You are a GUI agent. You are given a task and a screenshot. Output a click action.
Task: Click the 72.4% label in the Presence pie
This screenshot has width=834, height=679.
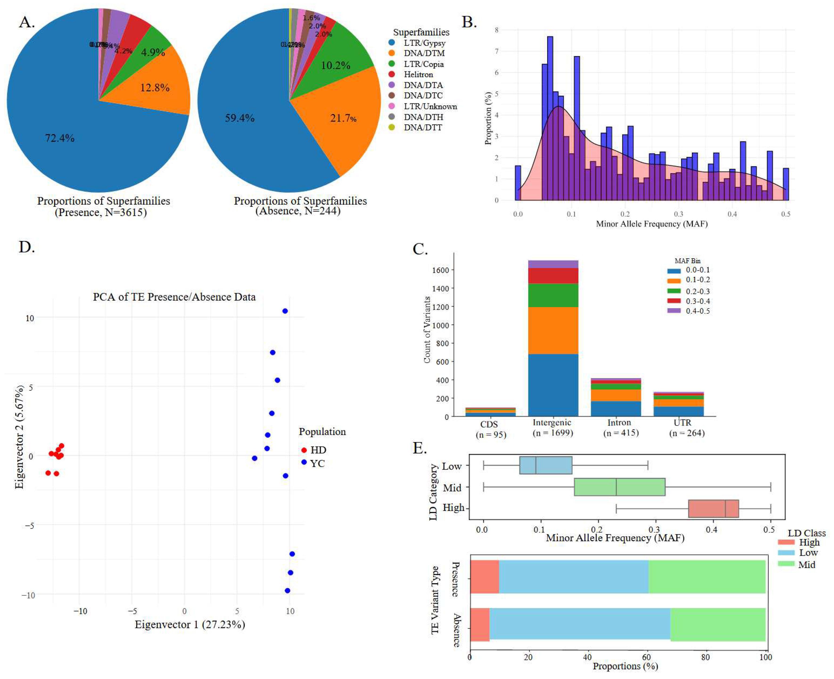click(x=59, y=138)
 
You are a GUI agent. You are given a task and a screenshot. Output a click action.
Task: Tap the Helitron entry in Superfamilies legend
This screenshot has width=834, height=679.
click(x=418, y=74)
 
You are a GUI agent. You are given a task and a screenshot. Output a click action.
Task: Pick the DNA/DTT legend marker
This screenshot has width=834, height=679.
click(x=391, y=127)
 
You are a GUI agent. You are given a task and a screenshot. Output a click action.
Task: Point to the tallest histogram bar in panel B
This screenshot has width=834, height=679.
click(x=550, y=117)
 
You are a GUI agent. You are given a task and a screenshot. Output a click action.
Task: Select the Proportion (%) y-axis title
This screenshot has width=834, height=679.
click(x=488, y=118)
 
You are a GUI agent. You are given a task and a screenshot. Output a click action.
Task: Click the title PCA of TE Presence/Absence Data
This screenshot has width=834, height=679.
click(x=174, y=297)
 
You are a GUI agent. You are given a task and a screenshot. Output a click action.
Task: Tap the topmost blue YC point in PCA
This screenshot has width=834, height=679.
click(x=285, y=311)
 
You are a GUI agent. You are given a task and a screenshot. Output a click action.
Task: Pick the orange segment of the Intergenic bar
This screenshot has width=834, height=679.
click(x=553, y=330)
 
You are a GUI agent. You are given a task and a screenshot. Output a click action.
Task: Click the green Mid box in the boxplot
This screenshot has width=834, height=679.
click(x=619, y=487)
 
